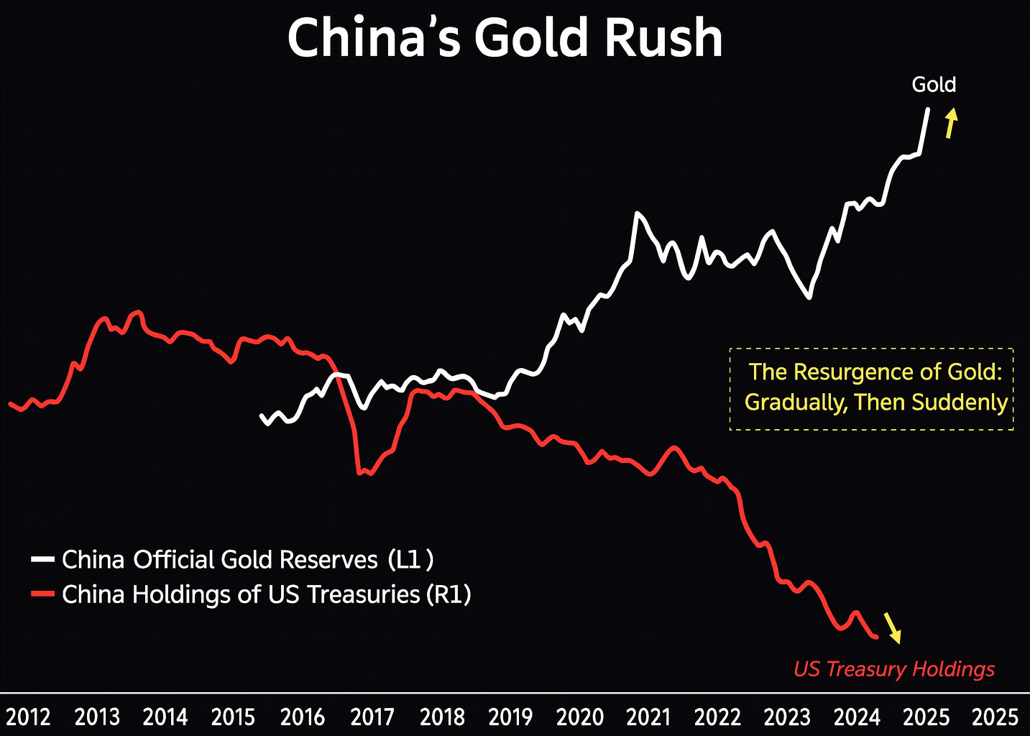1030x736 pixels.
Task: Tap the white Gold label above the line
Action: pyautogui.click(x=934, y=85)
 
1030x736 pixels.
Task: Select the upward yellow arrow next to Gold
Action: pyautogui.click(x=950, y=123)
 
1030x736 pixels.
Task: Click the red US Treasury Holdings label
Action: pyautogui.click(x=893, y=669)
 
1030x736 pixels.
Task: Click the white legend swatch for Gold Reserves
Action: pyautogui.click(x=43, y=559)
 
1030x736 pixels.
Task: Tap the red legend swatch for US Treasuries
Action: pyautogui.click(x=43, y=594)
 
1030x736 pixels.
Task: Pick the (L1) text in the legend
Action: pyautogui.click(x=410, y=559)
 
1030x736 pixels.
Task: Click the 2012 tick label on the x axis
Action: pyautogui.click(x=28, y=717)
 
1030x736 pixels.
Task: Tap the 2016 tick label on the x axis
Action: pyautogui.click(x=303, y=717)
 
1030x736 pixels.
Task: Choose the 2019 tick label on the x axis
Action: pyautogui.click(x=510, y=717)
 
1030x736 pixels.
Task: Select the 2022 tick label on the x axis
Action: pyautogui.click(x=717, y=717)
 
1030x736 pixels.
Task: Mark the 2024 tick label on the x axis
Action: pyautogui.click(x=856, y=717)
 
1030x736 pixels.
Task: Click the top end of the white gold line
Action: pyautogui.click(x=927, y=109)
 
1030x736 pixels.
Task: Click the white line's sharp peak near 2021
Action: pyautogui.click(x=637, y=213)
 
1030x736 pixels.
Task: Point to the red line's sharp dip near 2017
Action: pyautogui.click(x=359, y=471)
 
